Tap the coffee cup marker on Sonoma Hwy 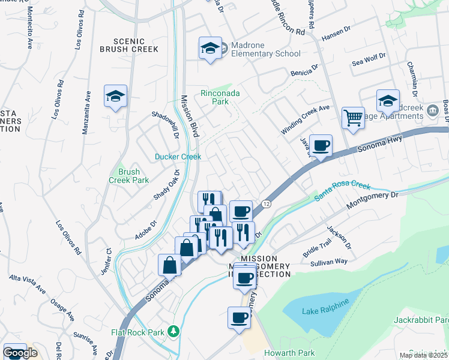click(x=321, y=145)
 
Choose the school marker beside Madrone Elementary click(x=211, y=49)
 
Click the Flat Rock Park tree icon click(x=173, y=331)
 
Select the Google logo click(x=20, y=352)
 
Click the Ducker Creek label click(x=178, y=157)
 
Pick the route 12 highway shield click(x=266, y=205)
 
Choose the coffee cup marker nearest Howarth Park click(x=239, y=317)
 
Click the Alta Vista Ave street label click(x=28, y=284)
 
